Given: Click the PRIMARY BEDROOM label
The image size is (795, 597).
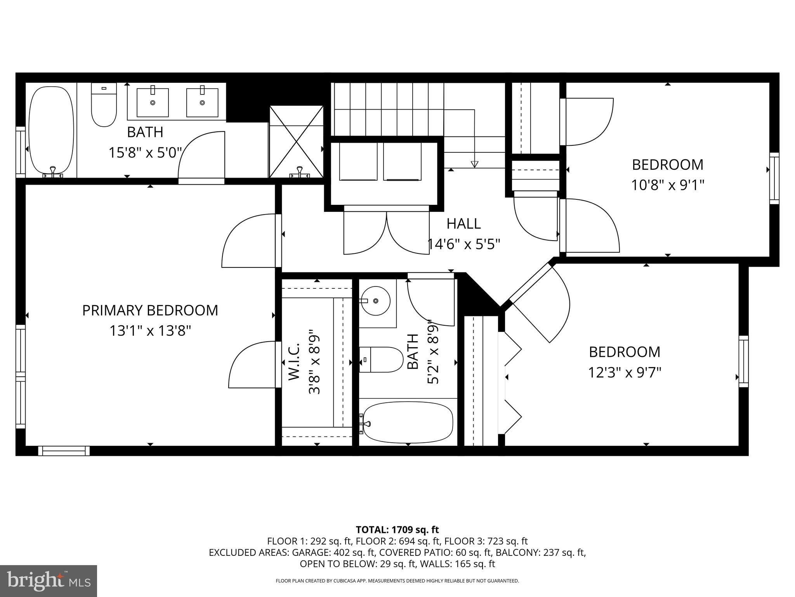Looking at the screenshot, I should tap(150, 311).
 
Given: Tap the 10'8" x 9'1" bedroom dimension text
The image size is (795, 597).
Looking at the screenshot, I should tap(667, 185).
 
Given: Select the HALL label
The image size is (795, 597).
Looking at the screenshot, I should tap(463, 224).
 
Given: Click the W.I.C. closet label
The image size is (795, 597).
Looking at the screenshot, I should tap(294, 361).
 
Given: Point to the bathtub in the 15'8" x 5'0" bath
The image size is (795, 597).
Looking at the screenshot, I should tap(51, 130).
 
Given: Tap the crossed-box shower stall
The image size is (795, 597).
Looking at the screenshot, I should tap(297, 142).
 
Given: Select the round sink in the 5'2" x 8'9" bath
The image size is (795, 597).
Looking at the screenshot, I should tap(375, 301).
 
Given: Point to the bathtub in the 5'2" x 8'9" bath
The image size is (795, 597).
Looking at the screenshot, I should tap(408, 422).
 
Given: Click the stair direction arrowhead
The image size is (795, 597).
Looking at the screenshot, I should tap(474, 164).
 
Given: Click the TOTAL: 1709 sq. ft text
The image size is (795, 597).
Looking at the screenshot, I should tap(397, 530).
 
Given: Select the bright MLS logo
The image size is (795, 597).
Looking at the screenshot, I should tap(49, 581).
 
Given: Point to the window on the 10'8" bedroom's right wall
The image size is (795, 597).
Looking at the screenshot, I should tap(774, 178).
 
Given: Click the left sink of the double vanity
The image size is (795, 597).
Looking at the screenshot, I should tap(153, 102).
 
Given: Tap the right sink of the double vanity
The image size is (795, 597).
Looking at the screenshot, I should tap(202, 102).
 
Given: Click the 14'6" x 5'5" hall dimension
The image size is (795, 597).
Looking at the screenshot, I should tap(463, 244).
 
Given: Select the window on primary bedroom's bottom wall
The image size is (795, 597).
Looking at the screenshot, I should tap(64, 451).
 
